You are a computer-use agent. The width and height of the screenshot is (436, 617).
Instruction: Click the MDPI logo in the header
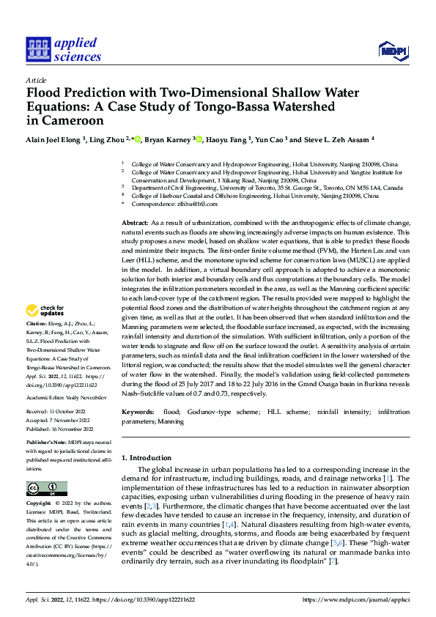coord(393,50)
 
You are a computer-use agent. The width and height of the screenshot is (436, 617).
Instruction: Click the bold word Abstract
coord(134,222)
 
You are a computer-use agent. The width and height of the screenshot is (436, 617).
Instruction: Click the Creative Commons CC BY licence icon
coord(46,488)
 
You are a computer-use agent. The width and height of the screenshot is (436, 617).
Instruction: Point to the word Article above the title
coord(36,81)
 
